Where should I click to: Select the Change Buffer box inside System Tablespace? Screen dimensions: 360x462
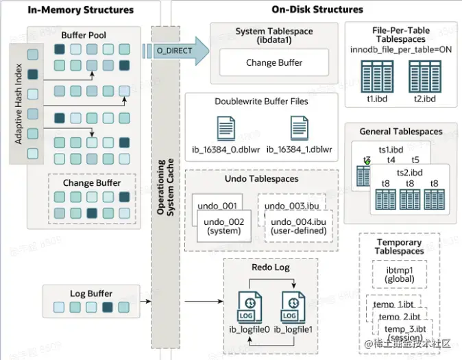274,62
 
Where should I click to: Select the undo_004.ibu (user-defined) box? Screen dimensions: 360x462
299,226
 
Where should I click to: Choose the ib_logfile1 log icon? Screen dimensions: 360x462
290,307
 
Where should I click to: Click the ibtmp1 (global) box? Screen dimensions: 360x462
394,275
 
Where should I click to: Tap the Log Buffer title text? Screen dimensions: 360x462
90,293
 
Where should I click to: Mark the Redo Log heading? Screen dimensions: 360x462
271,267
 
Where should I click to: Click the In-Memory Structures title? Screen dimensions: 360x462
82,10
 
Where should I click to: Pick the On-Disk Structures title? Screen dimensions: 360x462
318,10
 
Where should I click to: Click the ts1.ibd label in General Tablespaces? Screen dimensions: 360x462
391,149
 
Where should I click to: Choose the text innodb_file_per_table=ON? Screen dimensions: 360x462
400,50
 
